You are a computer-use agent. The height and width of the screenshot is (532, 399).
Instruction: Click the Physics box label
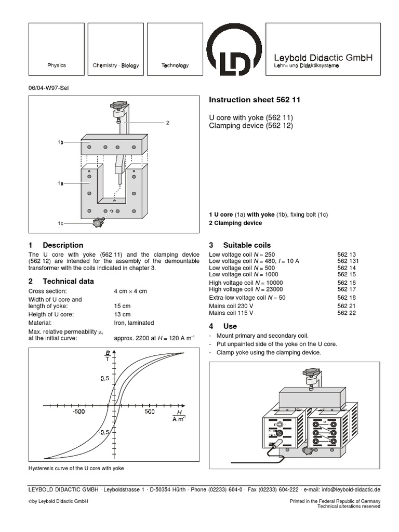pyautogui.click(x=57, y=65)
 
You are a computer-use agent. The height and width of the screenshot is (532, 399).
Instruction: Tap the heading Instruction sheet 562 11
pyautogui.click(x=255, y=99)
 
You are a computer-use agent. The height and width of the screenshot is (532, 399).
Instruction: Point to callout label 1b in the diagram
pyautogui.click(x=61, y=141)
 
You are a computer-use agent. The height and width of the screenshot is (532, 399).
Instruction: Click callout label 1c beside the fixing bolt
pyautogui.click(x=61, y=223)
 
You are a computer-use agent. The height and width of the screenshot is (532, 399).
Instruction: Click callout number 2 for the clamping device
pyautogui.click(x=168, y=123)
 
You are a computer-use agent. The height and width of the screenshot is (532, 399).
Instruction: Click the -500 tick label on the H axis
pyautogui.click(x=78, y=412)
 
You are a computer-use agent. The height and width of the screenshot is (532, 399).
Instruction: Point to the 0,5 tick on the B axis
pyautogui.click(x=104, y=379)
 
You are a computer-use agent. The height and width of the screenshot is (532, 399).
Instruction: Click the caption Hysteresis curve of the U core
pyautogui.click(x=76, y=468)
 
